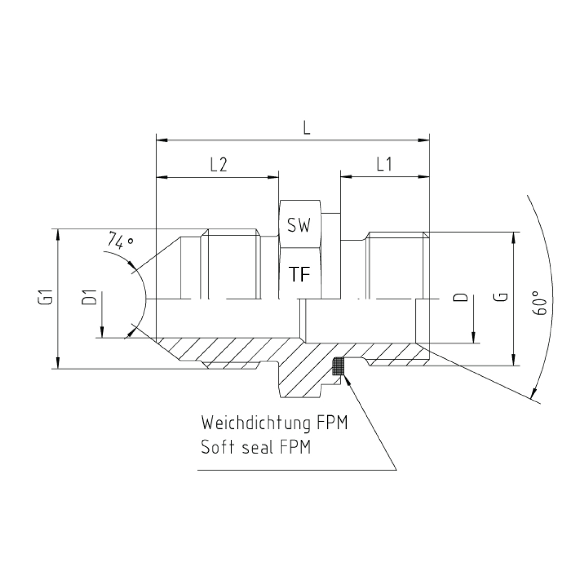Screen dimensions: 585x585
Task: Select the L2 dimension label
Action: pyautogui.click(x=218, y=165)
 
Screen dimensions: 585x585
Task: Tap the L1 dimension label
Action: pyautogui.click(x=384, y=165)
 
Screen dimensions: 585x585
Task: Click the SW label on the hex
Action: pyautogui.click(x=299, y=225)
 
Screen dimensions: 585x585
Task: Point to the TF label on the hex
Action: pyautogui.click(x=299, y=274)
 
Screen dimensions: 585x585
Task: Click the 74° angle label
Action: pyautogui.click(x=121, y=241)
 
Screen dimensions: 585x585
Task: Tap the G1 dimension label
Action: pyautogui.click(x=48, y=297)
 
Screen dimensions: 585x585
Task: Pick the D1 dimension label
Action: pyautogui.click(x=89, y=297)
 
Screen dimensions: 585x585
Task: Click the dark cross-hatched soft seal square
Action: pyautogui.click(x=338, y=366)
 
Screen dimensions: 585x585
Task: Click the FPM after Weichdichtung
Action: pyautogui.click(x=332, y=423)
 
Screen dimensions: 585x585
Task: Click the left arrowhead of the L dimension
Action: pyautogui.click(x=162, y=140)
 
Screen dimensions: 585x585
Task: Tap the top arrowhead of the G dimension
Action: pyautogui.click(x=513, y=238)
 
